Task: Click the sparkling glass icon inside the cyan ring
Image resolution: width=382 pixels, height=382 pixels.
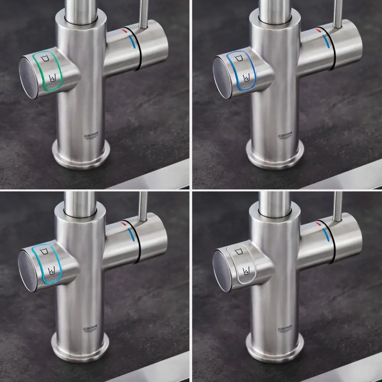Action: tap(52, 270)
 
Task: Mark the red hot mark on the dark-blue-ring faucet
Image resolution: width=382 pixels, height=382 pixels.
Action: tap(318, 30)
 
